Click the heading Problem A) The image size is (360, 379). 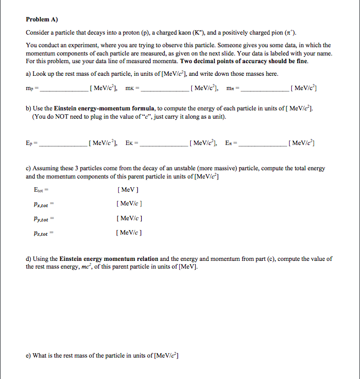pos(42,18)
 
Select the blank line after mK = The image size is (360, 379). pos(164,89)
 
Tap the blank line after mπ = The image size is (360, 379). pos(263,89)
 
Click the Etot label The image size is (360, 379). pos(39,190)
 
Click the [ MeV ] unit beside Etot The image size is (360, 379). pos(128,190)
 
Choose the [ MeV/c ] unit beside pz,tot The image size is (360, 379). pos(130,233)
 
